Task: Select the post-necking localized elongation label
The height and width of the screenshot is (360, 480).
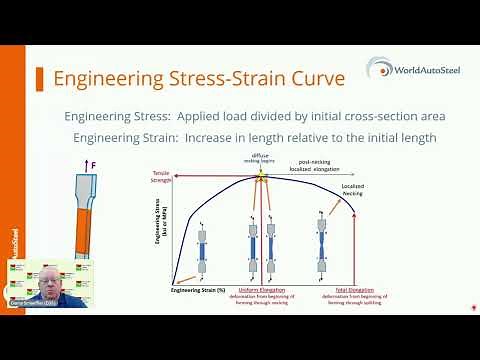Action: [314, 164]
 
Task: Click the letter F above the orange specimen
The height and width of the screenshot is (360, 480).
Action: [95, 163]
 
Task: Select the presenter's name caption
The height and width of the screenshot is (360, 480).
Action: [33, 302]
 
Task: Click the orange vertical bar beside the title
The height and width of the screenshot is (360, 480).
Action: [35, 78]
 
